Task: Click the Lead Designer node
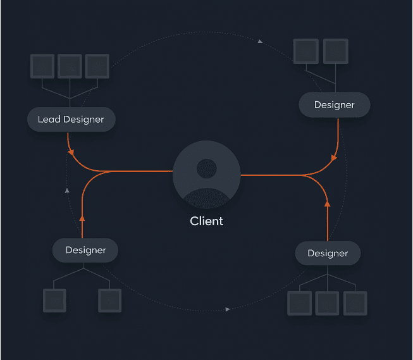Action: [71, 119]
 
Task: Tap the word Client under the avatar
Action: [206, 221]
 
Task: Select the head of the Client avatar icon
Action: [206, 168]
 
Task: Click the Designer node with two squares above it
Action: [334, 104]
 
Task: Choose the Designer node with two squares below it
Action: [85, 250]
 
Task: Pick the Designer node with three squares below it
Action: [328, 253]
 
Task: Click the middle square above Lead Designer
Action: [70, 66]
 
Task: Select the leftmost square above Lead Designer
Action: [42, 66]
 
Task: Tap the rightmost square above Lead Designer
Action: [97, 66]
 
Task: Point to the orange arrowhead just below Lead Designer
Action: [71, 152]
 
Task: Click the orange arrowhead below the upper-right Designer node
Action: [334, 157]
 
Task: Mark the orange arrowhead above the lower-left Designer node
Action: [82, 217]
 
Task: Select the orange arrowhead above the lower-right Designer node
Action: [327, 204]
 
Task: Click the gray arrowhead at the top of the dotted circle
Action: [260, 41]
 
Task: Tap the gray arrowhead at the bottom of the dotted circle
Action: [228, 309]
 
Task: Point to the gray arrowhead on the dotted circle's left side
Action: [68, 189]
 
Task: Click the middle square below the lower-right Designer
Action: [327, 303]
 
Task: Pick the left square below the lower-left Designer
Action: [54, 300]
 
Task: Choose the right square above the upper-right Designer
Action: [336, 51]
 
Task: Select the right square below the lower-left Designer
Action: [109, 300]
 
